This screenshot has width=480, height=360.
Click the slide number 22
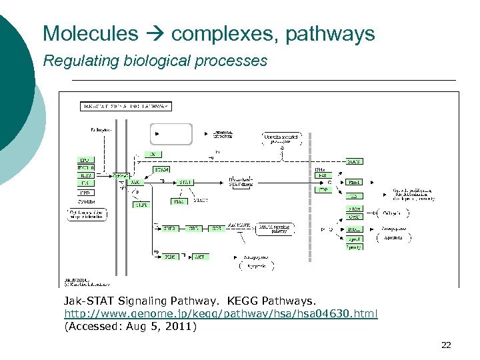point(446,345)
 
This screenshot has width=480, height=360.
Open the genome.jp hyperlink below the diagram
point(221,313)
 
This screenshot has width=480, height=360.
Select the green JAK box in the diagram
point(135,181)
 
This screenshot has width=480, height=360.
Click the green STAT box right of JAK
point(185,181)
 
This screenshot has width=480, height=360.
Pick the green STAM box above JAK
point(162,169)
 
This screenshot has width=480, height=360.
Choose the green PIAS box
point(179,201)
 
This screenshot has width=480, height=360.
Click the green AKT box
point(199,256)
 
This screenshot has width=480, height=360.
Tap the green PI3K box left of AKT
point(170,256)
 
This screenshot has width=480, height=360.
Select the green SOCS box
point(355,161)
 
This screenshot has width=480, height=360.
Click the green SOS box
point(217,228)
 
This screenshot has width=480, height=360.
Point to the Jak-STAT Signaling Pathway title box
point(126,105)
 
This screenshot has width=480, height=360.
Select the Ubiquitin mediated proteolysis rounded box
point(280,138)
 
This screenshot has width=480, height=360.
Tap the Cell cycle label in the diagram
point(393,213)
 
